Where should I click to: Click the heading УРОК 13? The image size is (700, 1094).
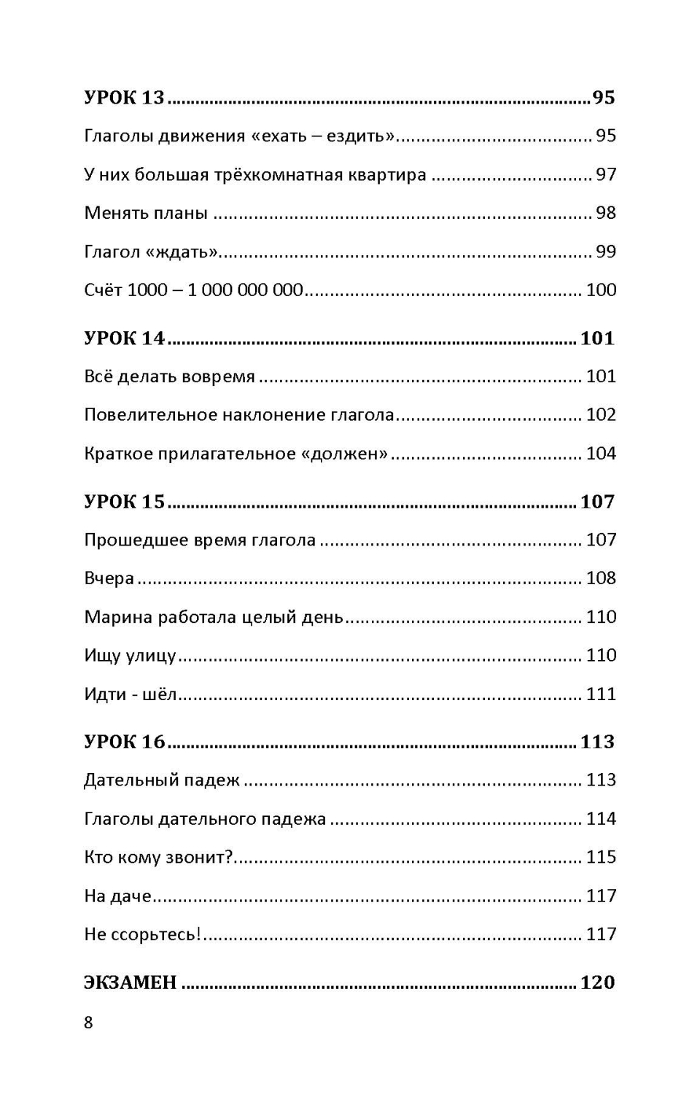[125, 98]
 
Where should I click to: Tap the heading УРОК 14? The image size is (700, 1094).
[125, 338]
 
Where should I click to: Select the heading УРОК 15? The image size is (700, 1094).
[125, 502]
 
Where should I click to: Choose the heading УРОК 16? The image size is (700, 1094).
[125, 742]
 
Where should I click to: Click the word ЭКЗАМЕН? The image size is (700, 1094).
[131, 982]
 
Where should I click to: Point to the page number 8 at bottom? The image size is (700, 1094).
[88, 1023]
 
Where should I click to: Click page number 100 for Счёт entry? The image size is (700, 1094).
[601, 290]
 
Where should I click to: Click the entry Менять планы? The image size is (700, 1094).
[146, 214]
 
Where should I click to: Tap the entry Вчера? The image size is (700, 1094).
[109, 578]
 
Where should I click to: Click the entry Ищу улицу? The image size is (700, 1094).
[130, 656]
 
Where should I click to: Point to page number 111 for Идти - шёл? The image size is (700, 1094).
[601, 694]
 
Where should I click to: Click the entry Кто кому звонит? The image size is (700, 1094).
[158, 857]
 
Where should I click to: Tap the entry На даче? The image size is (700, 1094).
[117, 896]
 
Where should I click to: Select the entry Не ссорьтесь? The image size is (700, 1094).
[142, 934]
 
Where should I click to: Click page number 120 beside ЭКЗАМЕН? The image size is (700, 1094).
[597, 982]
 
